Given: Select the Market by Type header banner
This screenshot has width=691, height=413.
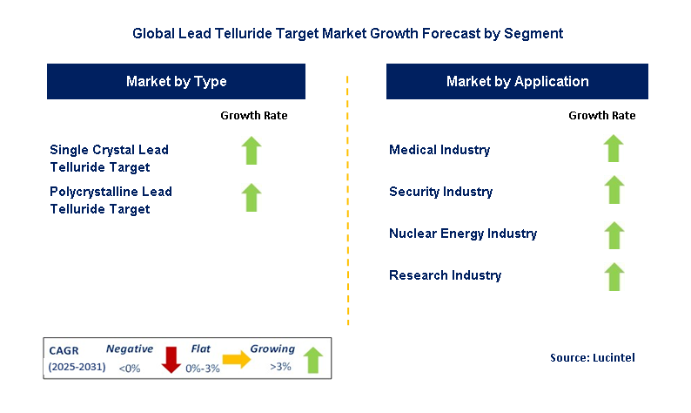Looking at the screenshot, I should click(176, 81).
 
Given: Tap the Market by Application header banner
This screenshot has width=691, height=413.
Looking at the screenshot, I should click(517, 81).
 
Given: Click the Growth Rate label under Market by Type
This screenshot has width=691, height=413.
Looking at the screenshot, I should click(253, 115).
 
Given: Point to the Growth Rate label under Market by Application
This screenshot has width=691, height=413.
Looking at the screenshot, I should click(601, 115).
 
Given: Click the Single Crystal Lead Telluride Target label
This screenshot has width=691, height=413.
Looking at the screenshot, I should click(109, 158).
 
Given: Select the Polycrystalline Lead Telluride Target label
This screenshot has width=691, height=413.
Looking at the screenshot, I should click(111, 200).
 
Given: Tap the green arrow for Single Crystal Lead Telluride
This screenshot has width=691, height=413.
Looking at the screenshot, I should click(252, 150).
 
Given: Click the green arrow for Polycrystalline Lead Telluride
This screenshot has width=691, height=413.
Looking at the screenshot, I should click(252, 197).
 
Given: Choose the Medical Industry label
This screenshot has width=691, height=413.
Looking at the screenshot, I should click(439, 150).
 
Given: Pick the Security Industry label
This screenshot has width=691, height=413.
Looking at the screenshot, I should click(440, 192).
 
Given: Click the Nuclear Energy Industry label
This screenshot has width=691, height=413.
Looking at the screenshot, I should click(463, 234).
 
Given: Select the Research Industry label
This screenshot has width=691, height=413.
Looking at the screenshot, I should click(445, 275).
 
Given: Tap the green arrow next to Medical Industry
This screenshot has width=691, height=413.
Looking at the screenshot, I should click(614, 148).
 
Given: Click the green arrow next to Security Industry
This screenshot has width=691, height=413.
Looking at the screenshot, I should click(614, 190).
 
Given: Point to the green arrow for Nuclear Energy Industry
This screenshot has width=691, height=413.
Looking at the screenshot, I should click(614, 234).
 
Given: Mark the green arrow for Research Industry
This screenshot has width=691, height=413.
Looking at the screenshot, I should click(614, 276).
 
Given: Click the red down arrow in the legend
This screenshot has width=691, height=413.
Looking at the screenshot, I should click(171, 358).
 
